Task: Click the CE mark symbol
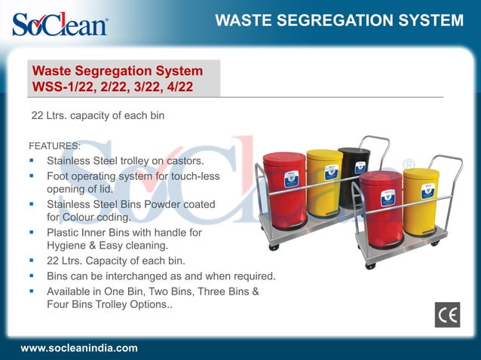click(x=447, y=315)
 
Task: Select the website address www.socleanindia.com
click(x=79, y=348)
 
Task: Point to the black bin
click(x=354, y=175)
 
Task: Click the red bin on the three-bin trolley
click(x=284, y=188)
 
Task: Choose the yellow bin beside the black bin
click(x=325, y=181)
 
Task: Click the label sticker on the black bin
click(x=360, y=167)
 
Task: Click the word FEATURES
click(x=54, y=145)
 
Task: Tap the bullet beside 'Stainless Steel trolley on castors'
click(x=32, y=160)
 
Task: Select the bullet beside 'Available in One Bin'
click(x=32, y=291)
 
